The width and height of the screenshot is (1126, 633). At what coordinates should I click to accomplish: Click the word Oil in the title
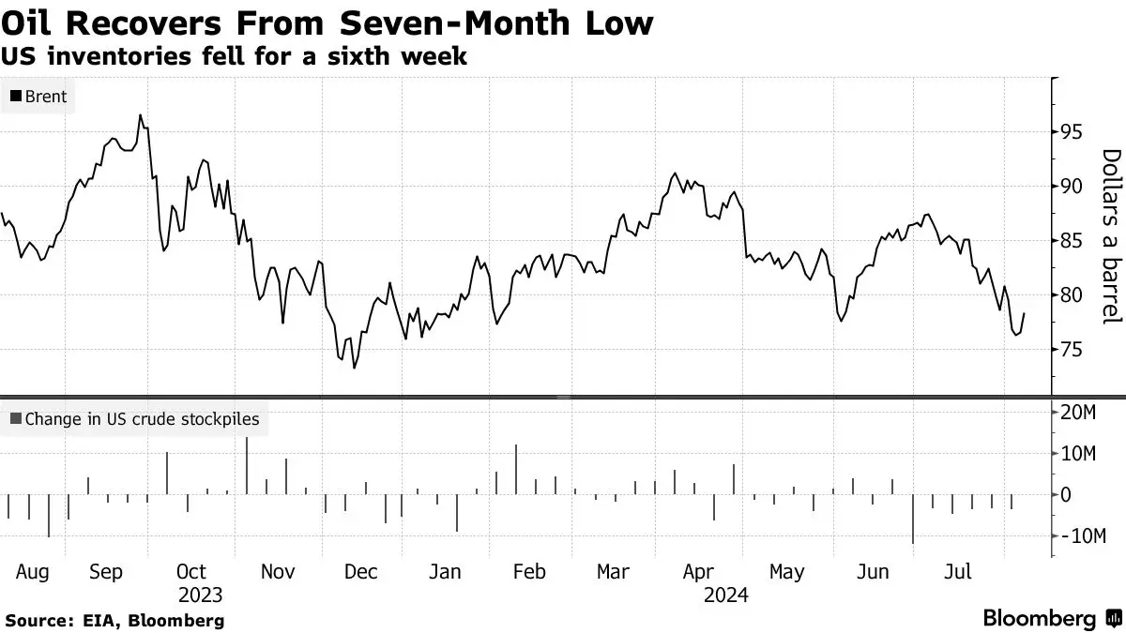(x=26, y=23)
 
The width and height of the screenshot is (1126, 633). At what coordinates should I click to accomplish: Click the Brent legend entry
(x=38, y=97)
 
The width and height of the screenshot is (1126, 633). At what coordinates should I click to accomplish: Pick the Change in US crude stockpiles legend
(x=135, y=419)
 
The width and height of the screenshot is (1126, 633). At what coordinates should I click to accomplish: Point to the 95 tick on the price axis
(x=1071, y=132)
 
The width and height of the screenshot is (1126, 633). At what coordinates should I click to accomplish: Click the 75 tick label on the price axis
(x=1071, y=350)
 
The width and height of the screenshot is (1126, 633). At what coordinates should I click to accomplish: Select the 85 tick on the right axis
(x=1071, y=241)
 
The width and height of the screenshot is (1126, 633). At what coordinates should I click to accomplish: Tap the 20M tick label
(x=1078, y=413)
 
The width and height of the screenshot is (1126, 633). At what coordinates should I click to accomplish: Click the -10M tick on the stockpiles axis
(x=1083, y=536)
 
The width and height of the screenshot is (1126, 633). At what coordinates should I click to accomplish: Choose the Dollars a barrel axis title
(x=1112, y=236)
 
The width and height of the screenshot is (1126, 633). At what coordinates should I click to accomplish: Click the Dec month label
(x=361, y=572)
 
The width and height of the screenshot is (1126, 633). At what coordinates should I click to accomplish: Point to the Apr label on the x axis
(x=698, y=572)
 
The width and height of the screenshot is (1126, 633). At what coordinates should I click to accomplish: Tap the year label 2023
(x=200, y=595)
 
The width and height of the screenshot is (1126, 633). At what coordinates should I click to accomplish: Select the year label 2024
(x=726, y=595)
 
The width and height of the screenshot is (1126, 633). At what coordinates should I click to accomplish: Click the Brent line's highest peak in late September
(x=140, y=115)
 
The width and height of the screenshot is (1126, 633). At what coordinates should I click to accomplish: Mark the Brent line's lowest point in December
(x=355, y=369)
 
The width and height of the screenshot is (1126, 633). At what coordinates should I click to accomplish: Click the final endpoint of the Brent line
(x=1024, y=313)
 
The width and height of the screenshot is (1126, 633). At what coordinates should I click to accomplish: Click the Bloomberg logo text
(x=1039, y=618)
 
